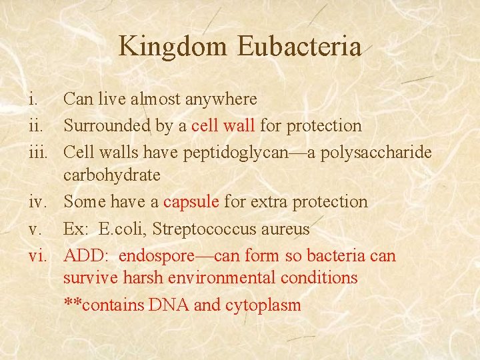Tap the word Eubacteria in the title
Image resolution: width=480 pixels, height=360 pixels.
pos(299,47)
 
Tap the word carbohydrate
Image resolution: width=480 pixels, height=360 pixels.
pos(112,175)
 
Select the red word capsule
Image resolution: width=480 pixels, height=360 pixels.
pos(191,201)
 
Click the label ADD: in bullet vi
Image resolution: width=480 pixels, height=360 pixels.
pos(85,255)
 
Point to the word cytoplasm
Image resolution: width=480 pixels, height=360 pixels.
pos(263,305)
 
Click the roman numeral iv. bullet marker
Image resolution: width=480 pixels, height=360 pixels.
pos(37,201)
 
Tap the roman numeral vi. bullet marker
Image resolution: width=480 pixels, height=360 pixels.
pos(37,255)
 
